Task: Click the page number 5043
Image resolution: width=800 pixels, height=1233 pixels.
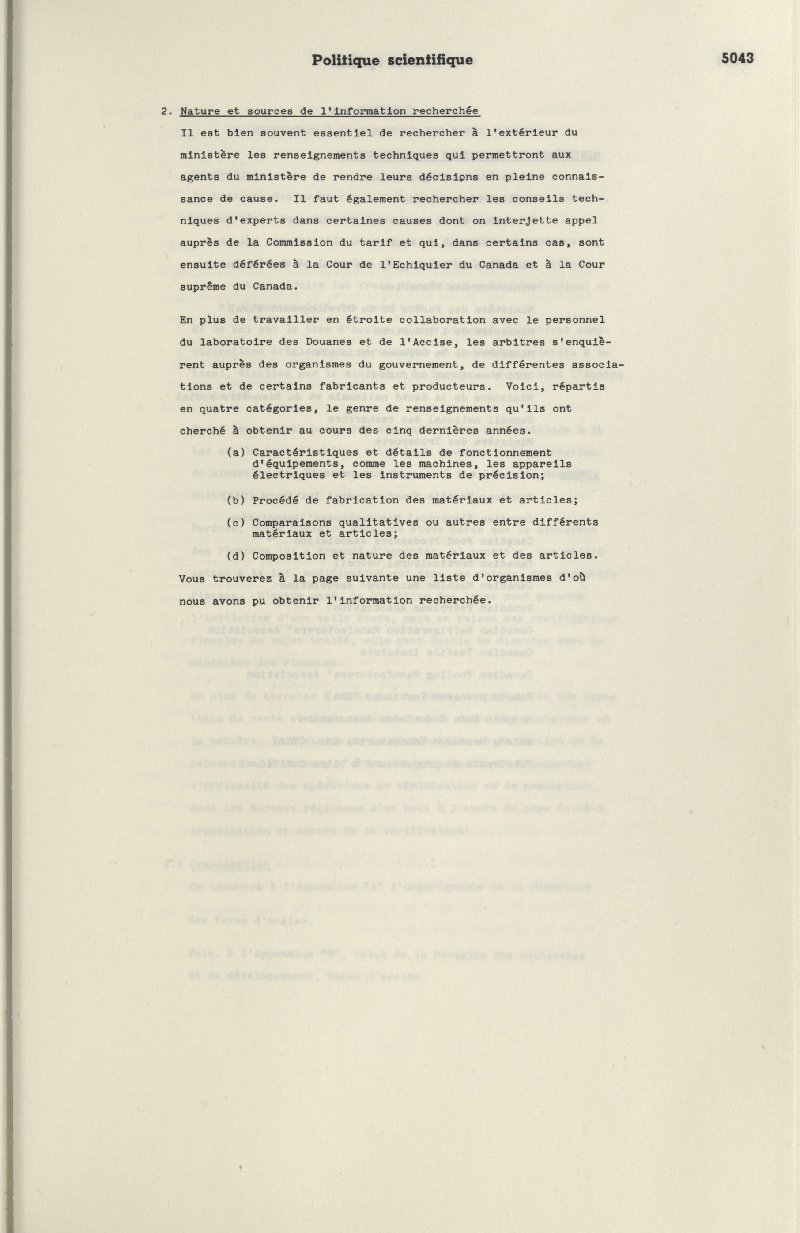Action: pyautogui.click(x=737, y=59)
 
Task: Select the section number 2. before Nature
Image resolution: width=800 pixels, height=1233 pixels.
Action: pyautogui.click(x=167, y=111)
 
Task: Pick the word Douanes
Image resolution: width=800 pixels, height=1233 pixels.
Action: pyautogui.click(x=311, y=342)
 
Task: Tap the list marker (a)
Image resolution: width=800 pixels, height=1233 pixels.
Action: pyautogui.click(x=236, y=453)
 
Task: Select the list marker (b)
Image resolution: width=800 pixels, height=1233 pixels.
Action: pyautogui.click(x=236, y=500)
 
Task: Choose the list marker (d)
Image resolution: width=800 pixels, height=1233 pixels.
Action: pyautogui.click(x=236, y=556)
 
